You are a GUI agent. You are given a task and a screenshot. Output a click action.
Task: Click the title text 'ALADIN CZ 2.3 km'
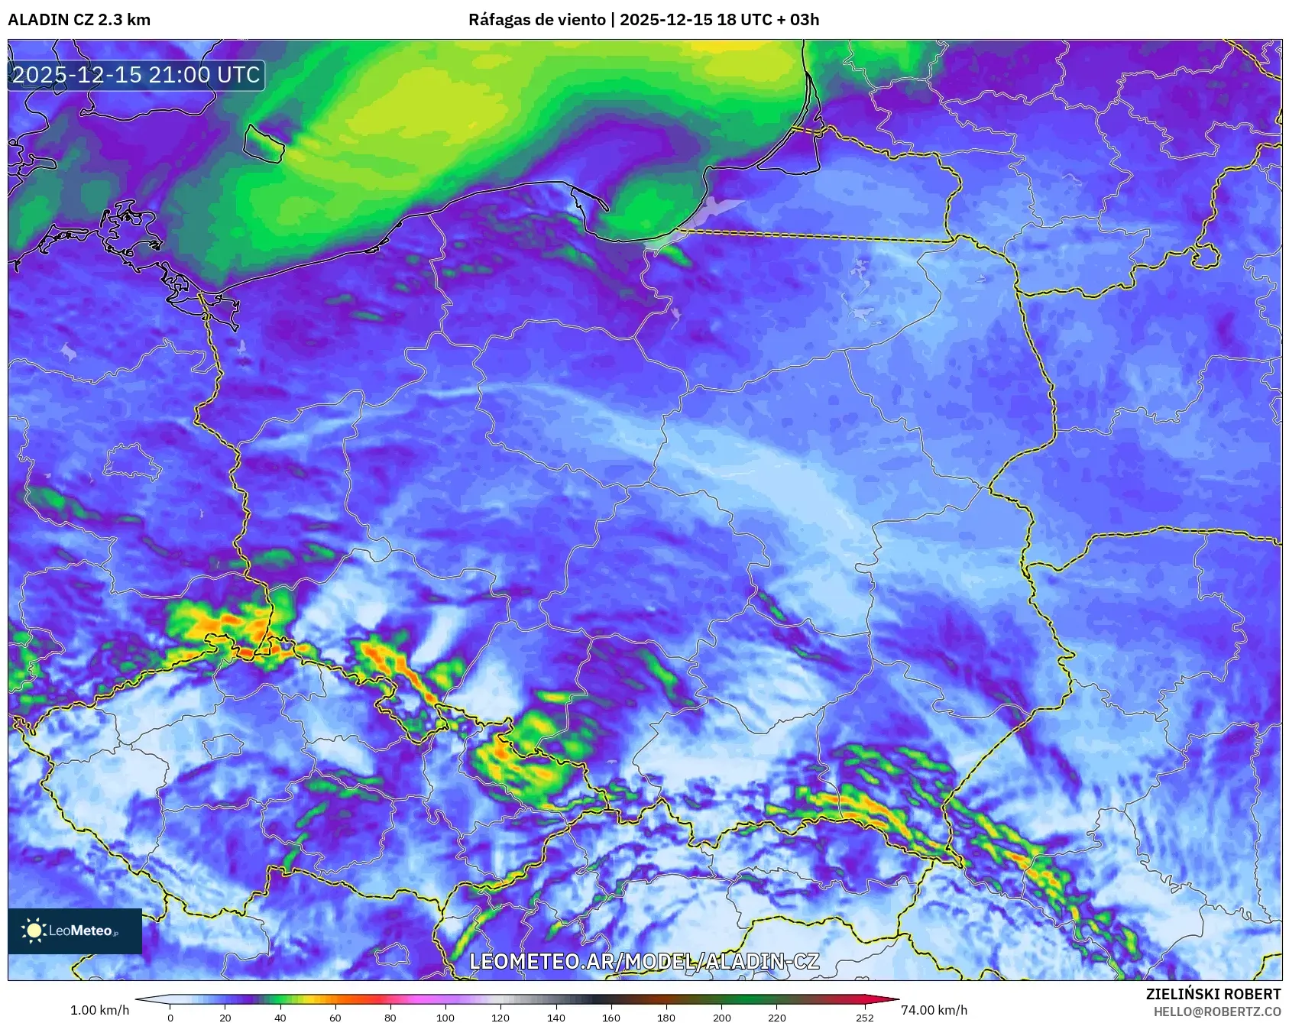coord(79,20)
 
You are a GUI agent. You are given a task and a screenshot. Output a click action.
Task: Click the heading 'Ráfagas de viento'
coord(536,20)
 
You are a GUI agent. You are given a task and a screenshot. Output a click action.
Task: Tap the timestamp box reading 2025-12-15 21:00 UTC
coord(136,75)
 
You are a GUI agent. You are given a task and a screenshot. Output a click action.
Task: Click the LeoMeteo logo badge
coord(75,931)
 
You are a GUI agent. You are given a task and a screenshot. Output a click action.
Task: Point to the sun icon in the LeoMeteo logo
coord(34,931)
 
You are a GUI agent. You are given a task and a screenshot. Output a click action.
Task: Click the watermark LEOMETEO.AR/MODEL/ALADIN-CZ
coord(643,961)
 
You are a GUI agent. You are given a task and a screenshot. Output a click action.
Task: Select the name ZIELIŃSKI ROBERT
coord(1213,994)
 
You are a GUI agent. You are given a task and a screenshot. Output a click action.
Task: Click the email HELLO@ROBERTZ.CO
coord(1216,1012)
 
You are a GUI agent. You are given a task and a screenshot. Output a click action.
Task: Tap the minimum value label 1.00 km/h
coord(99,1010)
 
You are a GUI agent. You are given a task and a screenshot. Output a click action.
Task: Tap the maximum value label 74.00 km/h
coord(934,1010)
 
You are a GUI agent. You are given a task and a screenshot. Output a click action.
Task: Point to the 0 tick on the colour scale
coord(170,1017)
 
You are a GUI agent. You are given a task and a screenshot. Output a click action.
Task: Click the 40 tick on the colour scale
coord(280,1017)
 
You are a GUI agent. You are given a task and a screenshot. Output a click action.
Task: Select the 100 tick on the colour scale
coord(445,1017)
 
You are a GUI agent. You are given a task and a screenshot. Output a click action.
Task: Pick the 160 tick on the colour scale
coord(611,1017)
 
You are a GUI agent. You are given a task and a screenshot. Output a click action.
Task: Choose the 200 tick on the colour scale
coord(721,1017)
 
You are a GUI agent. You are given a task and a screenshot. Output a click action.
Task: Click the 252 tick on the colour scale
coord(865,1017)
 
